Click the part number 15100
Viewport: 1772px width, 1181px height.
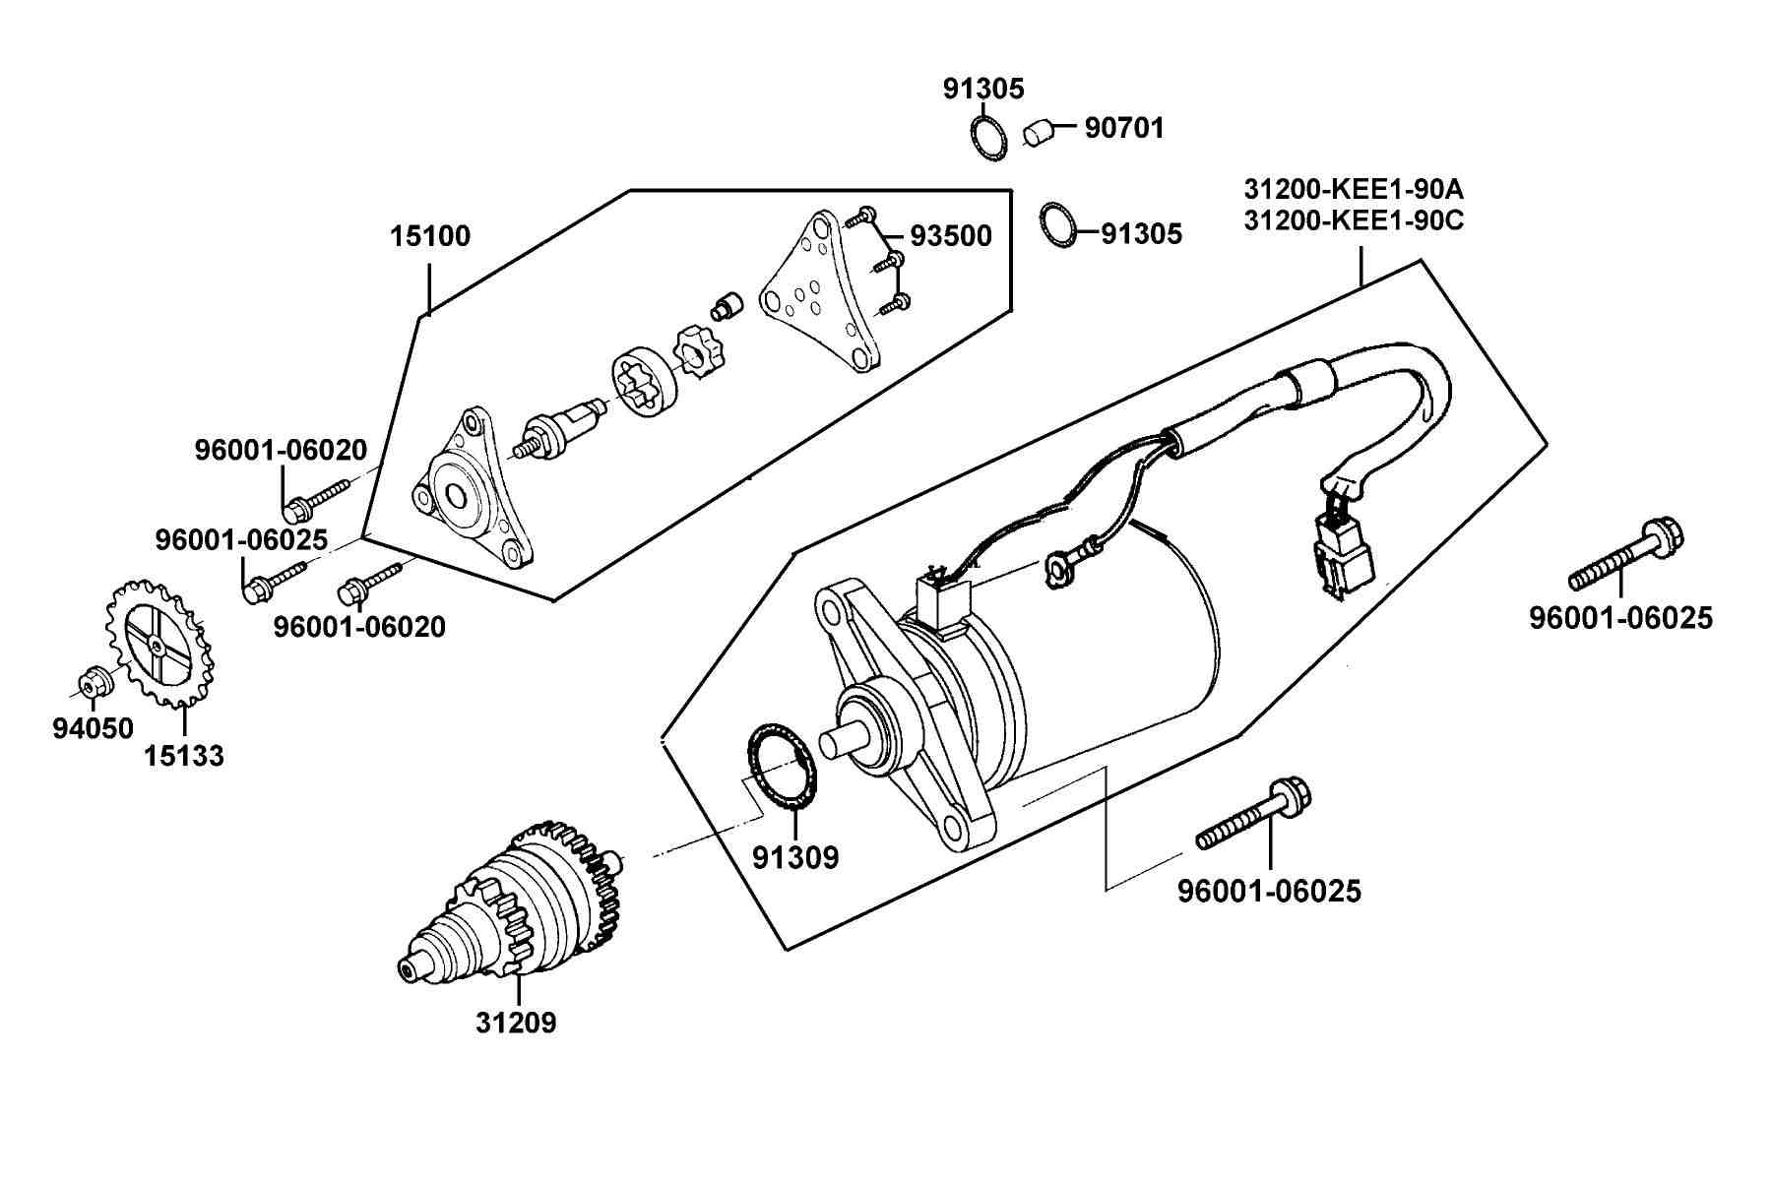click(x=430, y=236)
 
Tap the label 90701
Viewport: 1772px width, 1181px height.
click(x=1124, y=128)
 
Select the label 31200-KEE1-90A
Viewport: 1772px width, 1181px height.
click(x=1354, y=188)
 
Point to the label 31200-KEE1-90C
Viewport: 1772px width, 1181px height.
click(x=1354, y=220)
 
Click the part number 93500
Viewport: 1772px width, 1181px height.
click(x=950, y=236)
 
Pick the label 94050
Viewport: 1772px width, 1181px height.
click(x=92, y=728)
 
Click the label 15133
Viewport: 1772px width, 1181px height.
click(x=184, y=756)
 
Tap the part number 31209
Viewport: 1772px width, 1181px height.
click(x=516, y=1024)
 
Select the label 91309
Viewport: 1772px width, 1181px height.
click(x=795, y=858)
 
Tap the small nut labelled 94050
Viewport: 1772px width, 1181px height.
click(x=92, y=680)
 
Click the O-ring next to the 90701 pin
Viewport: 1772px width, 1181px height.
click(x=988, y=136)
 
